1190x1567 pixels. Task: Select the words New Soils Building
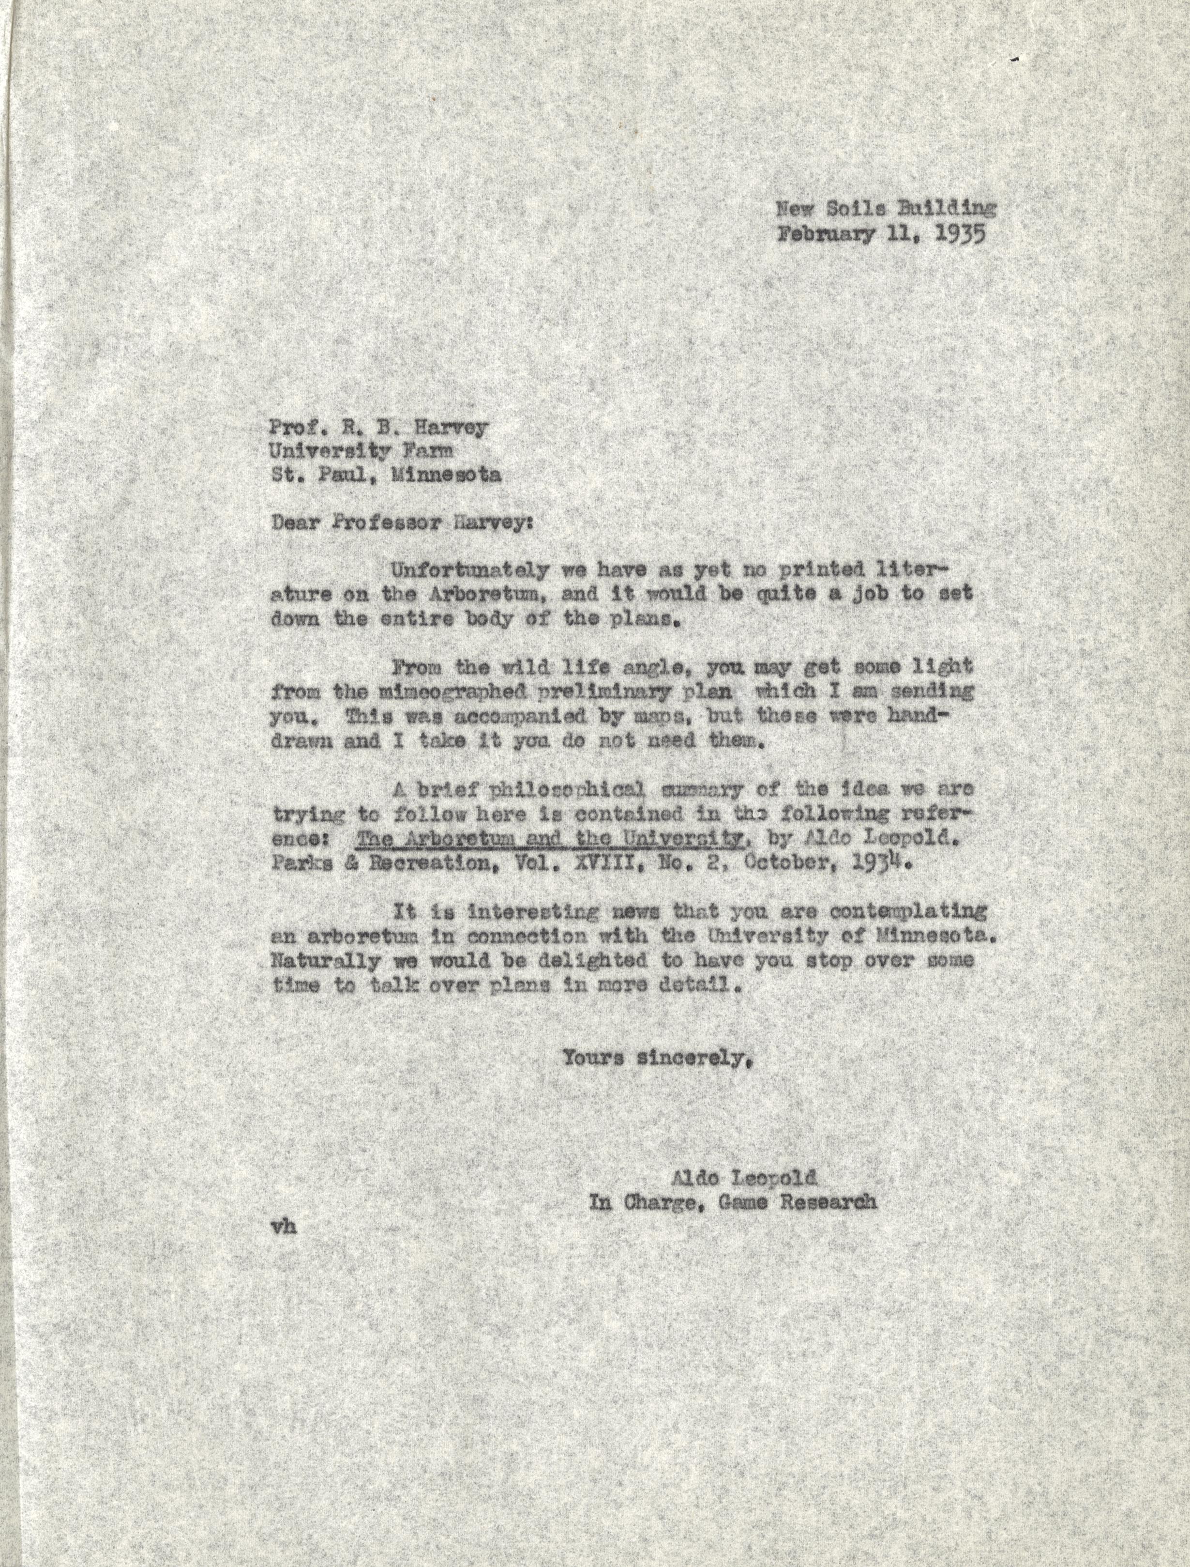pos(886,208)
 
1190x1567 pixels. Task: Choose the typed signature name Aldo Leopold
pos(744,1178)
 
